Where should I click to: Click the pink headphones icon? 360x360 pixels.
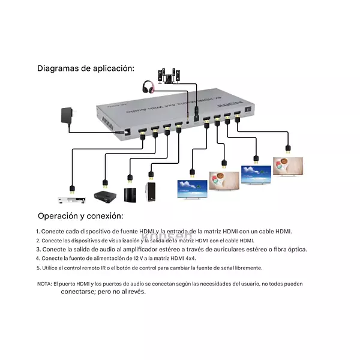[x=148, y=87]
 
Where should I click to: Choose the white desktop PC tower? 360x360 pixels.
[x=151, y=192]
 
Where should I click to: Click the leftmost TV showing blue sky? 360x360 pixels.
[x=192, y=188]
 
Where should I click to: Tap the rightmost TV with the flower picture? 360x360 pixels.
[x=287, y=166]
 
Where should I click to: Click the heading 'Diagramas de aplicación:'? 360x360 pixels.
[x=86, y=68]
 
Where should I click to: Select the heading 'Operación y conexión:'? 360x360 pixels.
[x=80, y=216]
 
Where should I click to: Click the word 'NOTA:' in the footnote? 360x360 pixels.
[x=44, y=283]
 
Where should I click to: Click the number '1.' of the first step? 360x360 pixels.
[x=38, y=231]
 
